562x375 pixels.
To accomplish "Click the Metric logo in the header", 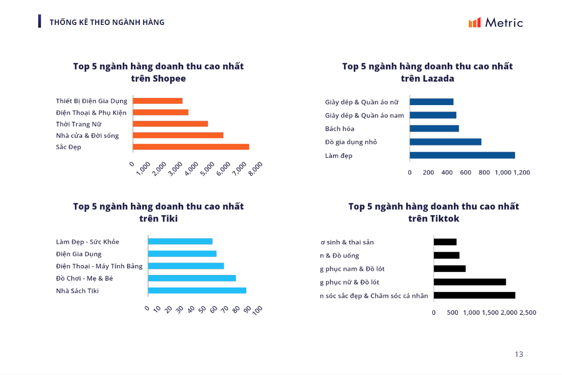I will click(x=495, y=22).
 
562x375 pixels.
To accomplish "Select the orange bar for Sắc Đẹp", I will click(x=191, y=147).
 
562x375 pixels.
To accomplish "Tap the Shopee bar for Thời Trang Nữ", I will click(x=171, y=124).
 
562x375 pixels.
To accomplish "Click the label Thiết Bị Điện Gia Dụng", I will click(x=91, y=101).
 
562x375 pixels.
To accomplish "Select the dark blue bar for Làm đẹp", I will click(x=462, y=155).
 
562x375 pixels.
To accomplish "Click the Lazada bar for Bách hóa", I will click(x=434, y=129).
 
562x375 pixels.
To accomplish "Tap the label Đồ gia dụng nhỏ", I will click(x=351, y=142).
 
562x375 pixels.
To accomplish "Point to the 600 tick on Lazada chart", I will click(x=465, y=172).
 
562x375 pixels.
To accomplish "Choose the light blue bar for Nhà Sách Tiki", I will click(x=197, y=290).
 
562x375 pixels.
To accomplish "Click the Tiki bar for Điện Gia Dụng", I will click(x=182, y=254).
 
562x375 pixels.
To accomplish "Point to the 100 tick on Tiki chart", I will click(x=258, y=309).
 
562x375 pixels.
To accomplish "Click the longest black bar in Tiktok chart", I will click(x=475, y=295).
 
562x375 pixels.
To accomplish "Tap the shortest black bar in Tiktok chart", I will click(x=445, y=242).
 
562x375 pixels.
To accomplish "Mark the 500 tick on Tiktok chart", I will click(x=453, y=312).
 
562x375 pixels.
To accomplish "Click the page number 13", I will click(x=519, y=354).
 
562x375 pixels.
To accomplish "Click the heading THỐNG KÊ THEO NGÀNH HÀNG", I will click(x=107, y=22).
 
